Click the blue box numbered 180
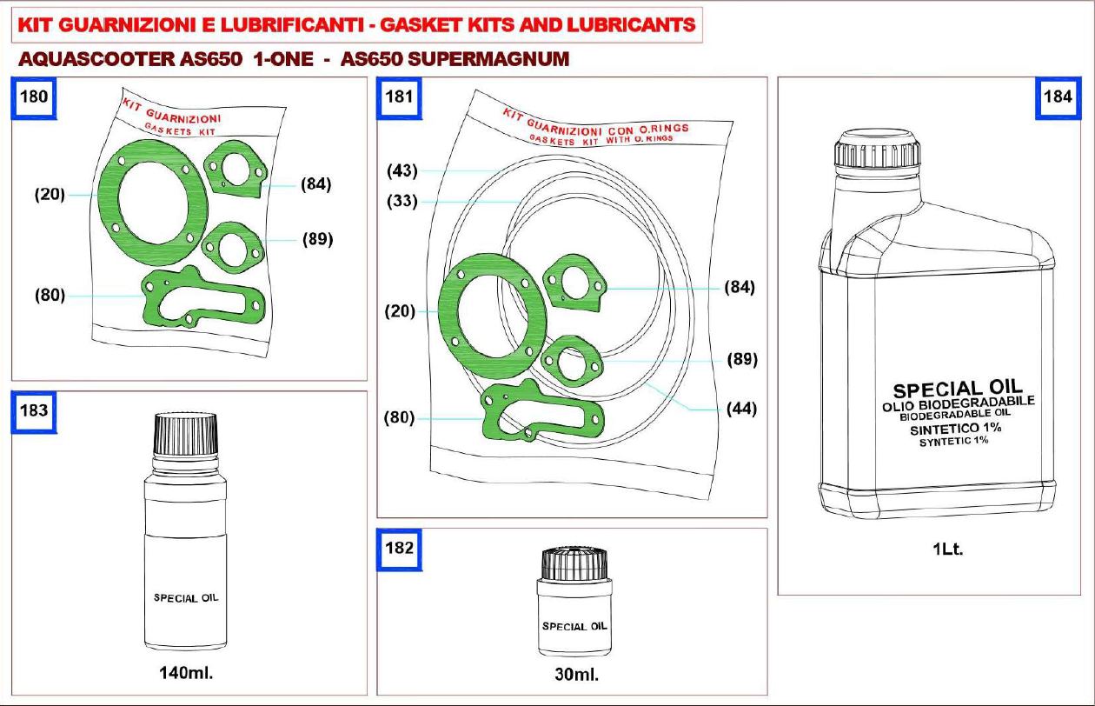pyautogui.click(x=34, y=97)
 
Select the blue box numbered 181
pyautogui.click(x=399, y=97)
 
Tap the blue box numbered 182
pyautogui.click(x=399, y=549)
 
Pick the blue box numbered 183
pyautogui.click(x=34, y=411)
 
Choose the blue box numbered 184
pyautogui.click(x=1058, y=97)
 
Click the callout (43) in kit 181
pyautogui.click(x=402, y=170)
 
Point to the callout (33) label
pyautogui.click(x=402, y=201)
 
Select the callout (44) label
pyautogui.click(x=741, y=409)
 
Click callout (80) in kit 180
pyautogui.click(x=50, y=296)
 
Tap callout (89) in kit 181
pyautogui.click(x=742, y=359)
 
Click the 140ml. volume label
pyautogui.click(x=186, y=673)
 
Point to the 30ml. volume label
pyautogui.click(x=577, y=675)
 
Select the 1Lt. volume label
pyautogui.click(x=948, y=549)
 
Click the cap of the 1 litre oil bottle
pyautogui.click(x=877, y=149)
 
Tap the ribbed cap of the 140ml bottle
pyautogui.click(x=186, y=434)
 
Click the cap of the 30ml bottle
pyautogui.click(x=575, y=563)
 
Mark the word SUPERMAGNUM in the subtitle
pyautogui.click(x=488, y=60)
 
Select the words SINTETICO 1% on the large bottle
pyautogui.click(x=956, y=429)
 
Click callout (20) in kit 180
pyautogui.click(x=50, y=195)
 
